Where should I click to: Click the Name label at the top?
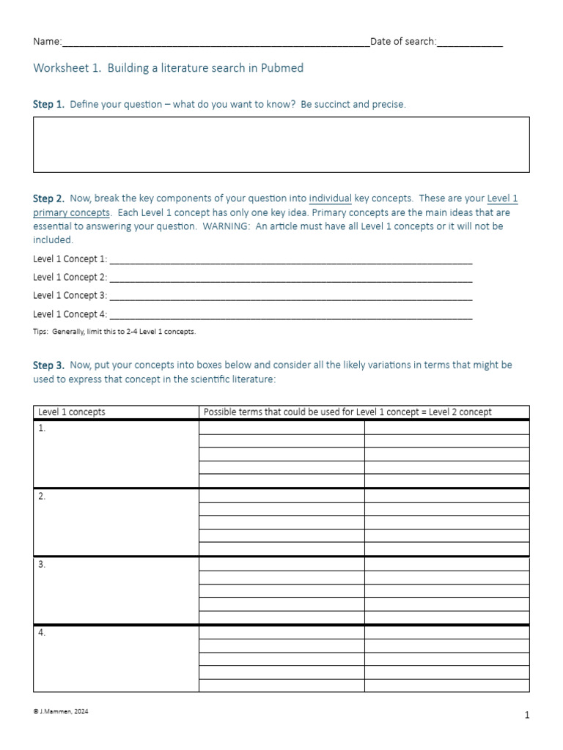point(47,42)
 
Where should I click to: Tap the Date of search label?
point(403,42)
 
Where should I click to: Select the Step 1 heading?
point(48,104)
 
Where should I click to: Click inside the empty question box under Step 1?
point(281,145)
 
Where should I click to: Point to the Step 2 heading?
point(48,198)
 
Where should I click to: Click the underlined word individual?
point(330,198)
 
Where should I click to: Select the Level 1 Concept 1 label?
point(70,259)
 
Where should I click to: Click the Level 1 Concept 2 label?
point(70,277)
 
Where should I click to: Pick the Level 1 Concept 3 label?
point(70,295)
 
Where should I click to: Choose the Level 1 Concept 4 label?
point(70,314)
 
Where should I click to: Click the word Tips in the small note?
point(41,332)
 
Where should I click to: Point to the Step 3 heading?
point(48,365)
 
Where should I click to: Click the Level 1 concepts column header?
point(72,412)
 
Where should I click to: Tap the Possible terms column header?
point(347,412)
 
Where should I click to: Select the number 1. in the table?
point(42,428)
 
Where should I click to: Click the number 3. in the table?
point(42,565)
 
